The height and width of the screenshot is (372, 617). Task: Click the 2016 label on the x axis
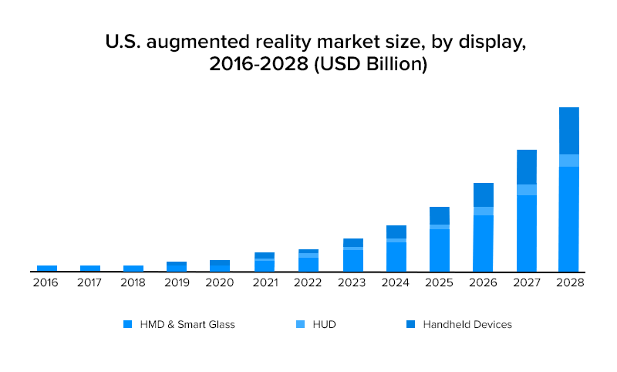click(x=46, y=283)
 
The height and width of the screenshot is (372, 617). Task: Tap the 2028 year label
click(x=569, y=283)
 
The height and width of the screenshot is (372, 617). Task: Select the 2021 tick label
click(x=264, y=283)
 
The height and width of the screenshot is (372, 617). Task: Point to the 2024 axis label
click(x=396, y=283)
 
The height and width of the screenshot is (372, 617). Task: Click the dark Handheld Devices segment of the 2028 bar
click(x=569, y=130)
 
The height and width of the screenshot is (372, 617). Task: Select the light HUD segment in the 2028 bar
click(x=569, y=161)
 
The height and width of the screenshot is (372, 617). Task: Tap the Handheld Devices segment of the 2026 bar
click(x=484, y=194)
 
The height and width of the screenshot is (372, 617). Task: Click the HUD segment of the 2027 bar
click(x=527, y=190)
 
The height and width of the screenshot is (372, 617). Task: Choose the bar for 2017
click(x=90, y=269)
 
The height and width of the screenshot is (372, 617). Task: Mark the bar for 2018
click(x=133, y=269)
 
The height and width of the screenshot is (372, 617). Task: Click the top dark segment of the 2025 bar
click(x=440, y=215)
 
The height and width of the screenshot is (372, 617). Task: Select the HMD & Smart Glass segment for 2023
click(x=353, y=261)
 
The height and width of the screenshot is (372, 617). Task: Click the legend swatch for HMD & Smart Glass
click(x=128, y=325)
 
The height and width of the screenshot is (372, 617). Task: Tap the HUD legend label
click(x=325, y=325)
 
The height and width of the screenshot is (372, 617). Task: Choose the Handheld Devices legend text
click(x=467, y=325)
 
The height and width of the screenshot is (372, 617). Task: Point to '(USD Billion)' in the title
click(x=370, y=66)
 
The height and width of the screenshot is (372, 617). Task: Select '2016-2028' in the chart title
click(x=257, y=66)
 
